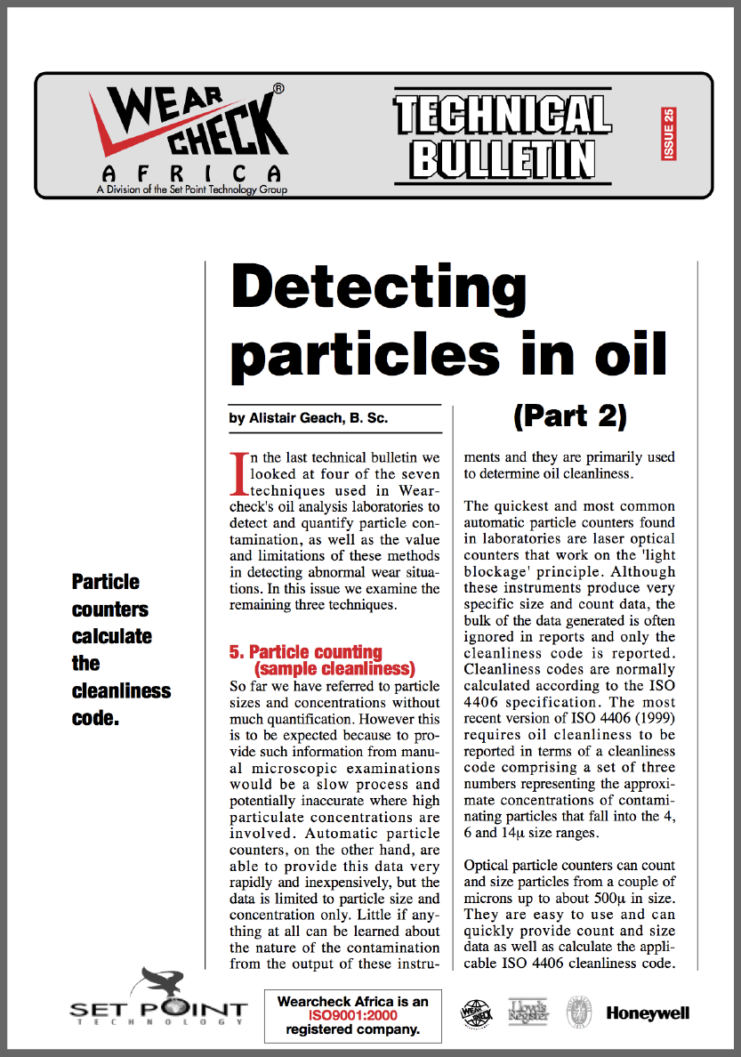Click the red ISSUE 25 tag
click(x=669, y=133)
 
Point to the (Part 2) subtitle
click(x=570, y=415)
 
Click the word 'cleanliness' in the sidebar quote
click(x=121, y=690)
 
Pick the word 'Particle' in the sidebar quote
click(x=106, y=582)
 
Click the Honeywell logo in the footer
click(x=648, y=1013)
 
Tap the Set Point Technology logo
click(x=157, y=1002)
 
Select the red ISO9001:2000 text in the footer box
click(x=353, y=1015)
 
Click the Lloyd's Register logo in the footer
click(x=528, y=1012)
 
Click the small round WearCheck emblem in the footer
click(x=476, y=1013)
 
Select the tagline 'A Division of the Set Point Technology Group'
click(x=192, y=189)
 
